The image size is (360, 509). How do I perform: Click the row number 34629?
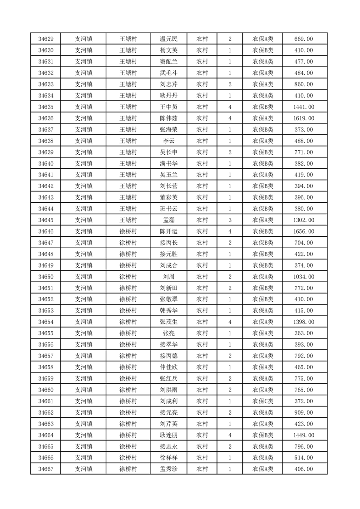[x=46, y=39]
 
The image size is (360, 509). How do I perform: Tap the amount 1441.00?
[x=304, y=107]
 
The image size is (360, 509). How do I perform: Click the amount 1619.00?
[x=304, y=118]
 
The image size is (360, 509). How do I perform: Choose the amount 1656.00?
[x=304, y=231]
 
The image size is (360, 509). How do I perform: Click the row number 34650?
[x=46, y=277]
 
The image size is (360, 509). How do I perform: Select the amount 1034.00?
[x=304, y=277]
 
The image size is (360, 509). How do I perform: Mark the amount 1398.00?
[x=304, y=322]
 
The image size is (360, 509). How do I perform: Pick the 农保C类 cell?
[x=263, y=401]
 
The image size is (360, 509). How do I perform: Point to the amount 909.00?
[x=304, y=412]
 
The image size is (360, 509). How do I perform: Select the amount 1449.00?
[x=304, y=435]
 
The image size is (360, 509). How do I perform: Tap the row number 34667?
[x=46, y=469]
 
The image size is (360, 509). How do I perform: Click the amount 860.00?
[x=304, y=84]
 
